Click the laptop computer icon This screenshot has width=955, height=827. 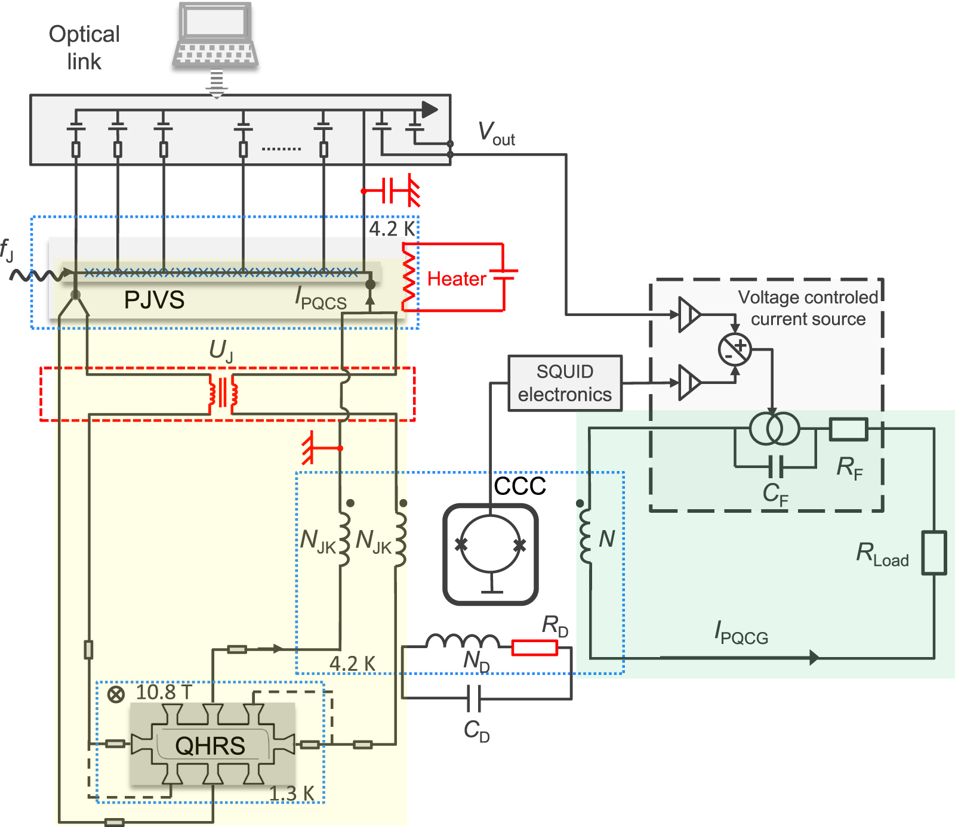[215, 36]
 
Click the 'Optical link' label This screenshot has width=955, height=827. [84, 48]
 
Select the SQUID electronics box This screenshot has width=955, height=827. [565, 383]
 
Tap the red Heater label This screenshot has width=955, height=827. [457, 279]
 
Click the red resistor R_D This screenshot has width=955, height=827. [534, 648]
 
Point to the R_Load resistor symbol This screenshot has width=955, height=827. [934, 553]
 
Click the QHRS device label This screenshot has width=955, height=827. [210, 745]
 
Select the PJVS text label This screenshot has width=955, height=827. [154, 300]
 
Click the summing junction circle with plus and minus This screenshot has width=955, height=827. [735, 349]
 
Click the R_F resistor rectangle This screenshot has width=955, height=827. [848, 429]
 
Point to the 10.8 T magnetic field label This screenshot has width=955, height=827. [164, 692]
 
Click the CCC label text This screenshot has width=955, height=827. [520, 486]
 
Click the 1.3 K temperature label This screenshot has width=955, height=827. [291, 794]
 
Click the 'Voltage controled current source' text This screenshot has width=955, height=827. [808, 308]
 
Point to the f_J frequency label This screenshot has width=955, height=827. [7, 250]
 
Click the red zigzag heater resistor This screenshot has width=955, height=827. [409, 277]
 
